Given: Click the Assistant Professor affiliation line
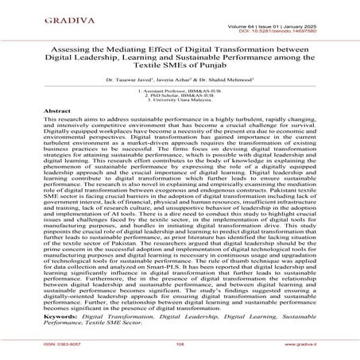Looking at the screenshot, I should [x=180, y=93].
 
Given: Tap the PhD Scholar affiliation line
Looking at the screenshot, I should [x=180, y=98].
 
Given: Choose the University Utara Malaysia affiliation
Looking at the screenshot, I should [x=180, y=103].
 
